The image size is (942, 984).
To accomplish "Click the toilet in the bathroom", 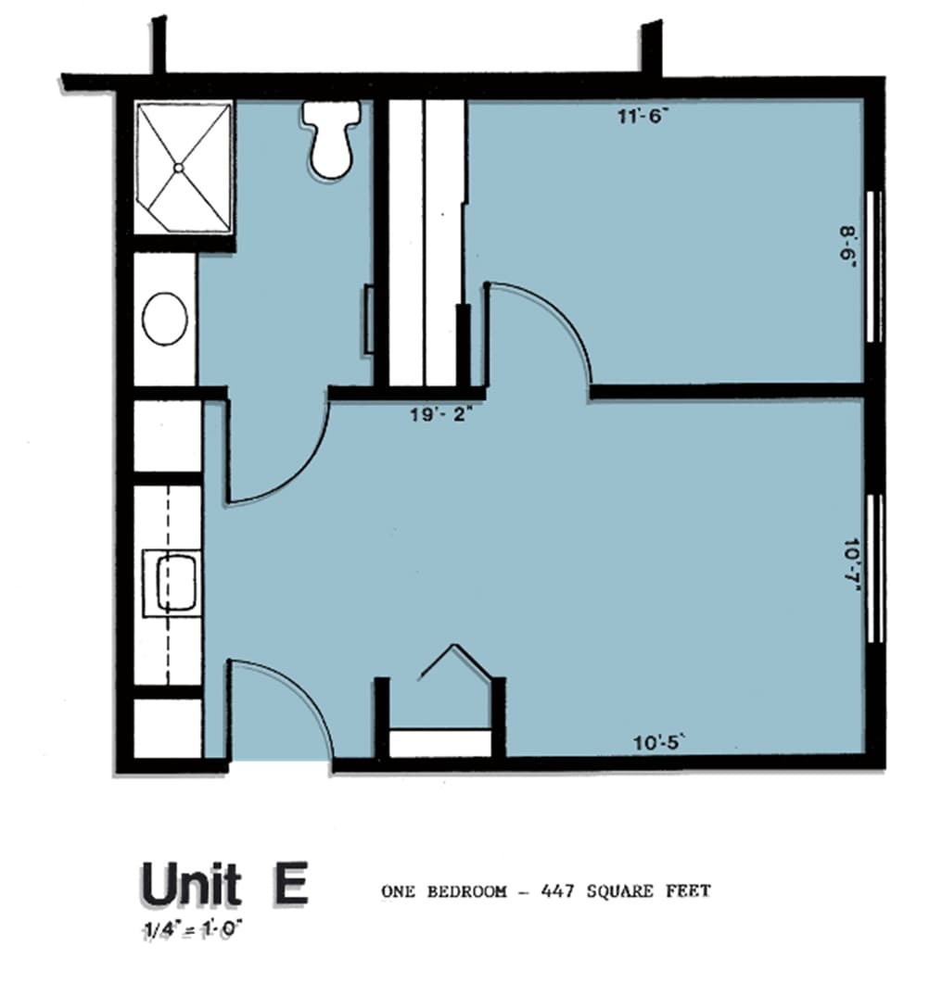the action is [332, 140].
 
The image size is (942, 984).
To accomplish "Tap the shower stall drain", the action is [178, 168].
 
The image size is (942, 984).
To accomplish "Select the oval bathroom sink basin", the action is [165, 319].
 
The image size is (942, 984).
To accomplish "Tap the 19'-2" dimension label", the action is [440, 415].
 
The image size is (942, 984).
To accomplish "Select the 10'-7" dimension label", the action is [851, 564].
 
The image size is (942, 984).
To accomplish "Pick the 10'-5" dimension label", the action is [657, 743].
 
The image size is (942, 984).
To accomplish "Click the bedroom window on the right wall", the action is [873, 267].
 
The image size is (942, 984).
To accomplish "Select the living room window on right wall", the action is [875, 569].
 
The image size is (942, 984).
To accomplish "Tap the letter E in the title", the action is [289, 884].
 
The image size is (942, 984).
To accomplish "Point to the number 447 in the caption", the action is [557, 891].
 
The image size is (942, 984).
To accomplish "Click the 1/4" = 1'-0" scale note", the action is [192, 927].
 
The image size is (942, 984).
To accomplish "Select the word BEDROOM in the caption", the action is [466, 891].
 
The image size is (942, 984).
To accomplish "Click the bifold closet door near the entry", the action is [456, 661].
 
